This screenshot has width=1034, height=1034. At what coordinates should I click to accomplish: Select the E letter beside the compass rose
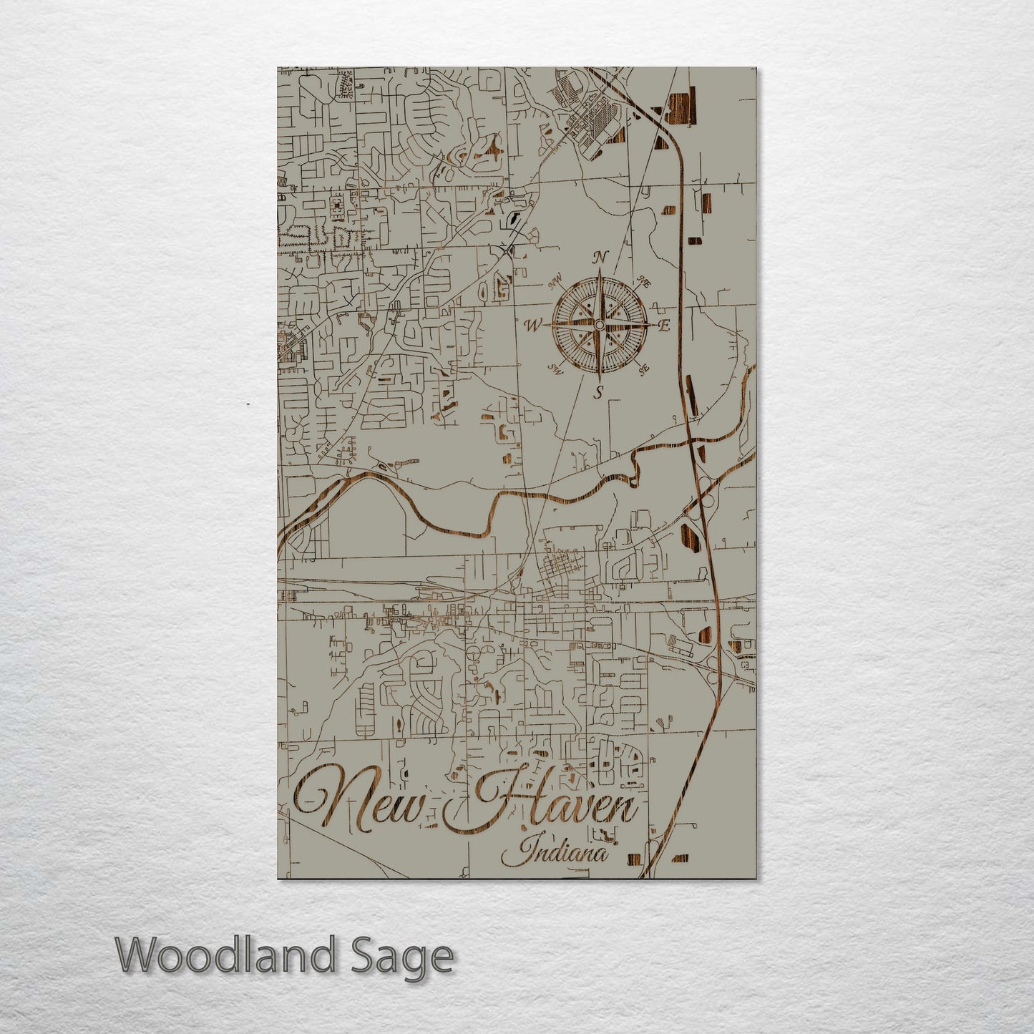tap(663, 326)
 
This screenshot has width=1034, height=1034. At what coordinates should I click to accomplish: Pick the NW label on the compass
tap(555, 278)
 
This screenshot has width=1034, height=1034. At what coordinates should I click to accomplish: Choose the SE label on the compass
tap(643, 369)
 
